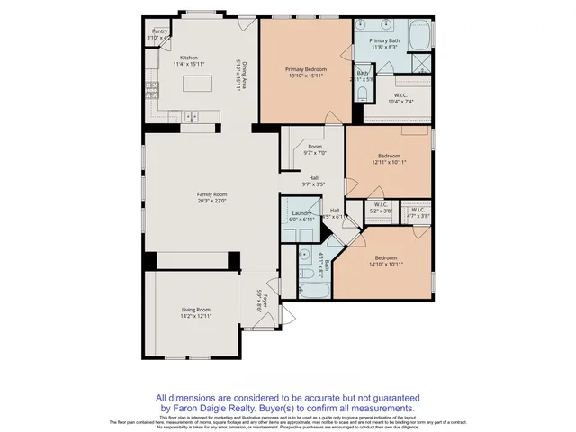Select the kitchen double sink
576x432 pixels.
(x=192, y=116)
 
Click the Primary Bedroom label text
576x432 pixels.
(x=306, y=69)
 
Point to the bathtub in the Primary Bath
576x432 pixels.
(x=419, y=36)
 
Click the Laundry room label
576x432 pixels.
(x=301, y=213)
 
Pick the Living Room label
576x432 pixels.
(x=195, y=310)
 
